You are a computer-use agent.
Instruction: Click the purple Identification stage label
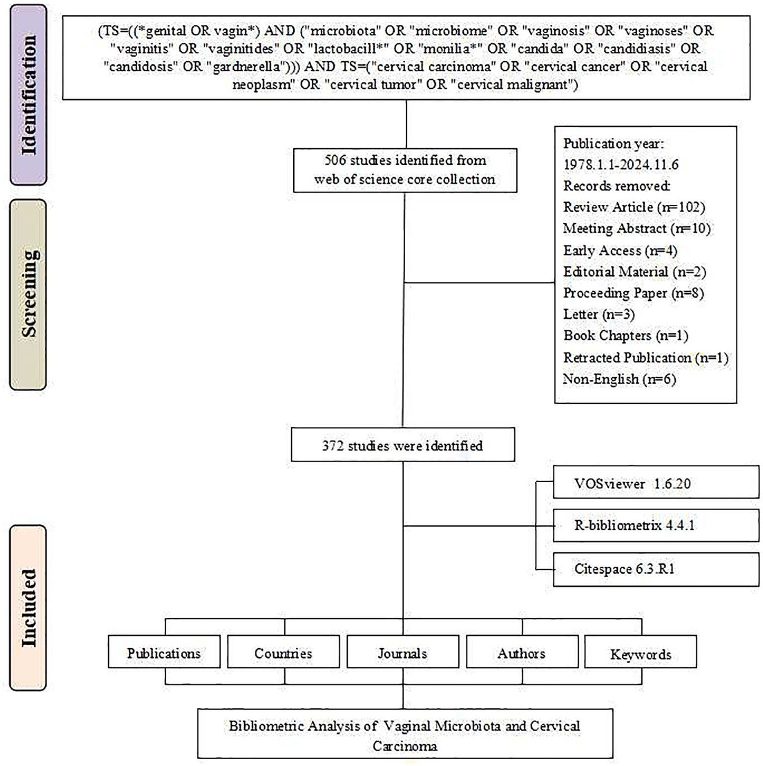(x=28, y=94)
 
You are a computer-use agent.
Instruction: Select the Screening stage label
(x=28, y=294)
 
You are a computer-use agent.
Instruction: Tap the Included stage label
(x=28, y=607)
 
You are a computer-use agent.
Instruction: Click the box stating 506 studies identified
(x=405, y=170)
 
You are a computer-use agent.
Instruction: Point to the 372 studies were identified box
(x=403, y=445)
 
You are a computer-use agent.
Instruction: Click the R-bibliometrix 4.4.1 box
(x=656, y=525)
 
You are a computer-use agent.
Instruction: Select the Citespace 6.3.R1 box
(x=656, y=569)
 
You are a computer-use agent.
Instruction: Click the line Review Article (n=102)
(x=634, y=207)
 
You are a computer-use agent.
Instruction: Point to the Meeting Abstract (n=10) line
(x=637, y=229)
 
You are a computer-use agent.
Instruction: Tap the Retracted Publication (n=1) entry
(x=645, y=358)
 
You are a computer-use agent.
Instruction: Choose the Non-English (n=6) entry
(x=619, y=379)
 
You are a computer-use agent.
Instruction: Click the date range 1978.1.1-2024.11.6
(x=621, y=165)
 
